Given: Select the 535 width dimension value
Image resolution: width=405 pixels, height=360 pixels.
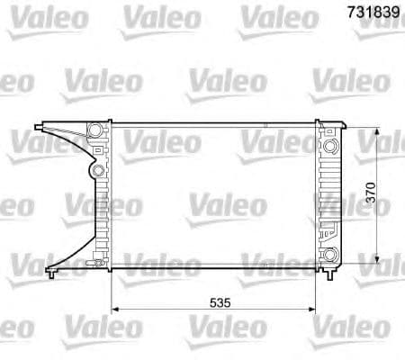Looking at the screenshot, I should [213, 303].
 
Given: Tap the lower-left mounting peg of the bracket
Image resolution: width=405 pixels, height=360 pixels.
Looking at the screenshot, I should [53, 267].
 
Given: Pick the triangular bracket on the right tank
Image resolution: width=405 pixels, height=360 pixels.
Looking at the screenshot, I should [329, 226].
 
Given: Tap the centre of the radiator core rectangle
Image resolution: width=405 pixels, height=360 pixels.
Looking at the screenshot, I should [212, 193].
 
